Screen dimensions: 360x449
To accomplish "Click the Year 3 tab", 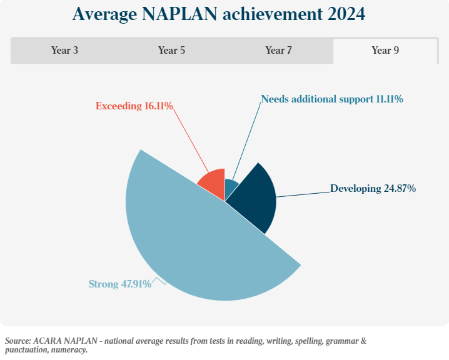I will point(64,51).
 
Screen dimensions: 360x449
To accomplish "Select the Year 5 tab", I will point(171,51).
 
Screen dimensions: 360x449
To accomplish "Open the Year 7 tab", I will point(278,51).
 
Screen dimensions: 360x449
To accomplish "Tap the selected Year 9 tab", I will point(385,51).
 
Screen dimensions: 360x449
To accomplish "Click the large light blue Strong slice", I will point(188,244).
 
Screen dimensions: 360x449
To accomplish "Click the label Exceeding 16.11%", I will point(134,106).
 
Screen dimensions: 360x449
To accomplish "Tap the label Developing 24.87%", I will point(373,188).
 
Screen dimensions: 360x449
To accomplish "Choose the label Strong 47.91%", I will point(119,284).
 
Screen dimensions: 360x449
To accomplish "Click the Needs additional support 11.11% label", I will point(331,99).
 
